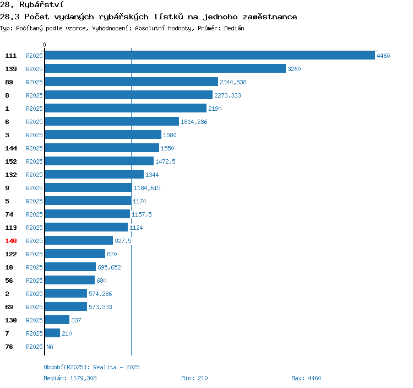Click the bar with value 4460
click(x=210, y=55)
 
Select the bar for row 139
click(x=165, y=68)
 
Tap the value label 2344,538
click(x=233, y=82)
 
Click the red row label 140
click(x=11, y=241)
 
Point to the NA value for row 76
click(x=50, y=347)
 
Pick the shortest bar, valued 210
click(x=52, y=333)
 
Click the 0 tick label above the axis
click(x=44, y=45)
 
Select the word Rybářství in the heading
click(x=41, y=5)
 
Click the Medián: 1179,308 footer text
click(x=70, y=378)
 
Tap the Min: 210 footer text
click(x=194, y=378)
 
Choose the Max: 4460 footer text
click(x=306, y=378)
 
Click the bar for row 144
click(x=102, y=148)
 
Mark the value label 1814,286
click(x=194, y=122)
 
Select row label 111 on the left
click(x=11, y=56)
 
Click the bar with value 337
click(x=57, y=320)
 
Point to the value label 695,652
click(x=109, y=267)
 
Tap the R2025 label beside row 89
click(x=34, y=82)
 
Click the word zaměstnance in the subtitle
click(x=270, y=17)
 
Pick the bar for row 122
click(x=75, y=254)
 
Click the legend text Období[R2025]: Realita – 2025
click(x=91, y=367)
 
